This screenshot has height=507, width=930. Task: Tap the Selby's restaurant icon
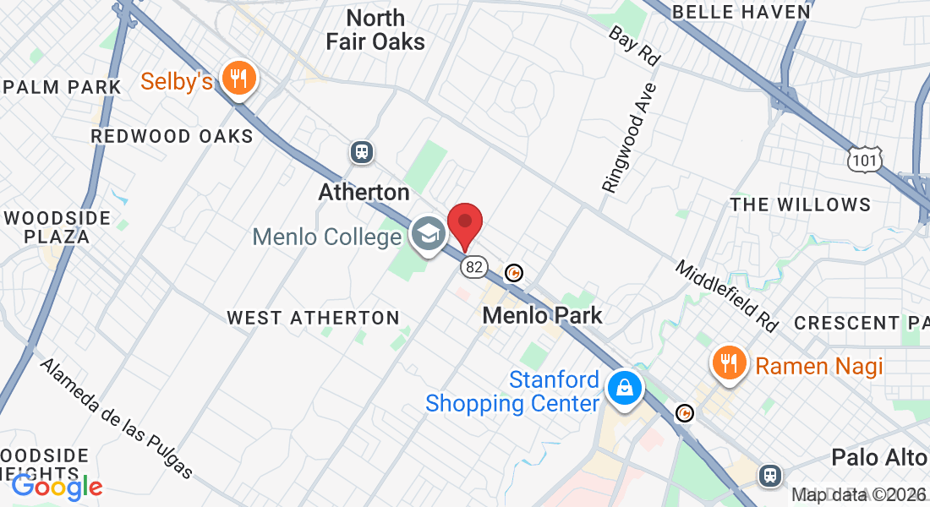pyautogui.click(x=239, y=79)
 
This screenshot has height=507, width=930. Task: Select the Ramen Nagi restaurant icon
pyautogui.click(x=728, y=363)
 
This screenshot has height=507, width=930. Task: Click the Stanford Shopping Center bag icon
pyautogui.click(x=624, y=388)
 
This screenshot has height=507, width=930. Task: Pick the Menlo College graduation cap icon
pyautogui.click(x=428, y=234)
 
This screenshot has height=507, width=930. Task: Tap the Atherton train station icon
pyautogui.click(x=362, y=152)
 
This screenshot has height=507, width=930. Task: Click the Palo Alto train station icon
pyautogui.click(x=769, y=475)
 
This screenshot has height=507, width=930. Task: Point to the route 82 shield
pyautogui.click(x=474, y=266)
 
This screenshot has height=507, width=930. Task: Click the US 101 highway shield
pyautogui.click(x=867, y=158)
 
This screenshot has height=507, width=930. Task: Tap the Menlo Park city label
pyautogui.click(x=542, y=316)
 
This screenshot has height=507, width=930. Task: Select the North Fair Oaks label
pyautogui.click(x=375, y=30)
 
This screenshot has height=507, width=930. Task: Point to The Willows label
pyautogui.click(x=800, y=204)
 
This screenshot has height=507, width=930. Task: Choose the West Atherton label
pyautogui.click(x=313, y=318)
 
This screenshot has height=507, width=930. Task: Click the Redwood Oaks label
pyautogui.click(x=172, y=136)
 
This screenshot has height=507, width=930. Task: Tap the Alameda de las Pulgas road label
pyautogui.click(x=117, y=418)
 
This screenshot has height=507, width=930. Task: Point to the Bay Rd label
pyautogui.click(x=634, y=46)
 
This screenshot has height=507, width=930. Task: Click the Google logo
pyautogui.click(x=57, y=486)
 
